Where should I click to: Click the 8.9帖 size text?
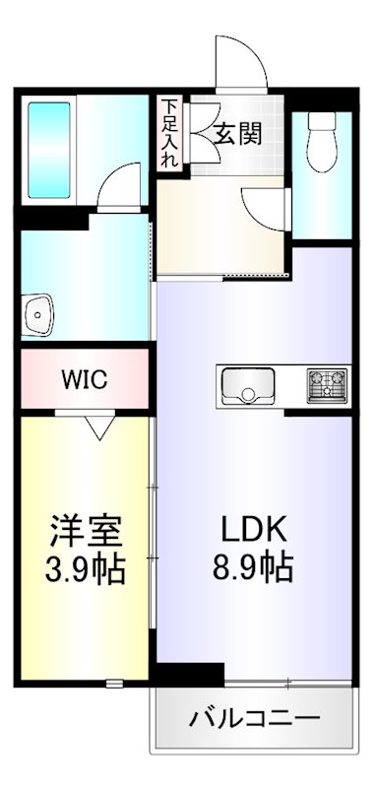pos(252,568)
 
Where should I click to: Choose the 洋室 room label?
pos(87,532)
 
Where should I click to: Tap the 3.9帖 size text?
pos(87,570)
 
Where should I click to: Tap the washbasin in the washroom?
pos(38,318)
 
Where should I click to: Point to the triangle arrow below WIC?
pos(98,427)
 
